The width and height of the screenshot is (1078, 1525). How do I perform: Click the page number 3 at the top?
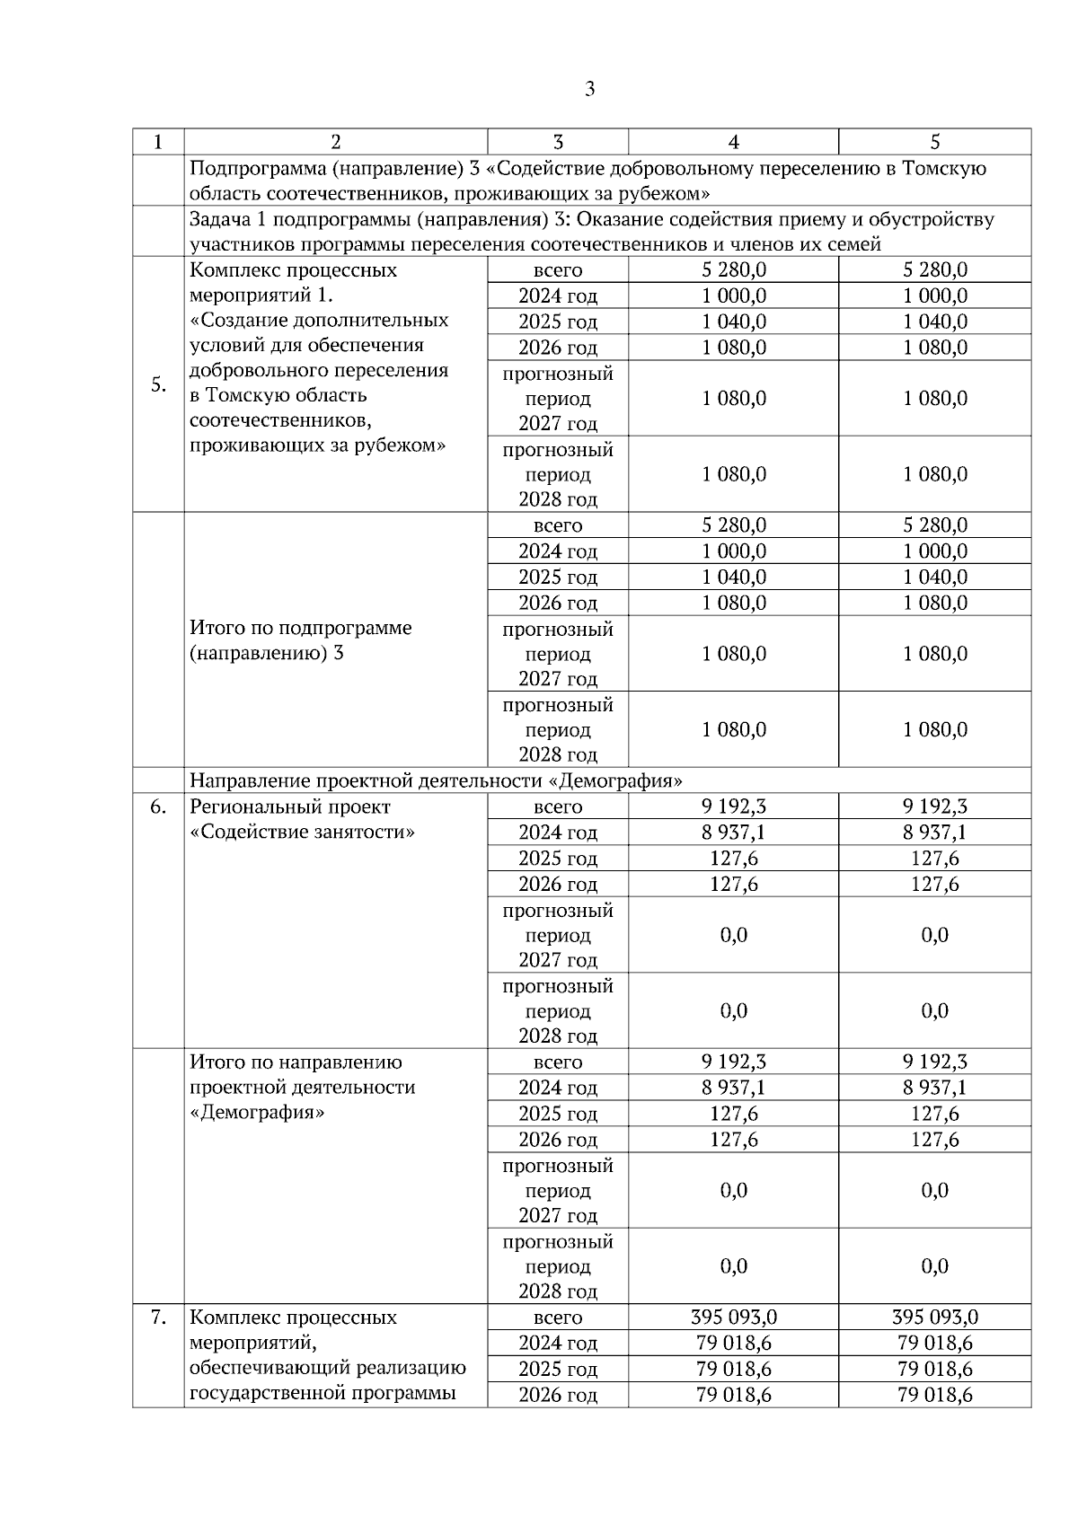coord(589,89)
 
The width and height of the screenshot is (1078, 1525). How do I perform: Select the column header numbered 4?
coord(733,142)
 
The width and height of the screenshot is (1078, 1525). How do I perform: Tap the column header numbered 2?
coord(335,142)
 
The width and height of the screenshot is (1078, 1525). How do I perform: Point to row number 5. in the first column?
coord(158,385)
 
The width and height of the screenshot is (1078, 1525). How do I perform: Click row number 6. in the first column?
coord(158,807)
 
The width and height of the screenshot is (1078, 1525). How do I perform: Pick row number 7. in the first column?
coord(158,1318)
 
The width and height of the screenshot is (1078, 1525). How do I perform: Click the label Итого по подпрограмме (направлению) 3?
coord(300,640)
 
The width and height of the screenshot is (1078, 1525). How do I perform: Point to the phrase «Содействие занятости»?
coord(303,832)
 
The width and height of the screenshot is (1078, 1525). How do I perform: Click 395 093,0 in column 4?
coord(733,1318)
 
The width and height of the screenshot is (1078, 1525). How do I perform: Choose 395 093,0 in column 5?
coord(934,1318)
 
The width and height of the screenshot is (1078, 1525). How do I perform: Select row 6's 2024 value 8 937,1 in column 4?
coord(733,833)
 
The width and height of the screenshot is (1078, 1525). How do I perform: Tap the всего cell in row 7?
coord(558,1318)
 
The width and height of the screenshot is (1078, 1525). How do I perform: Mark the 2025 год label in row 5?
coord(558,322)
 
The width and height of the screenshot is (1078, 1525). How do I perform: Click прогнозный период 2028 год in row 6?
coord(558,1010)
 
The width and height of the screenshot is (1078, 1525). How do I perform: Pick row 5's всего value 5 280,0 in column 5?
coord(934,270)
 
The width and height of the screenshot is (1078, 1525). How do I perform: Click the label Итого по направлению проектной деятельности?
coord(302,1075)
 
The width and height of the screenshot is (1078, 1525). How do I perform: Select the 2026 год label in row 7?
coord(558,1395)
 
